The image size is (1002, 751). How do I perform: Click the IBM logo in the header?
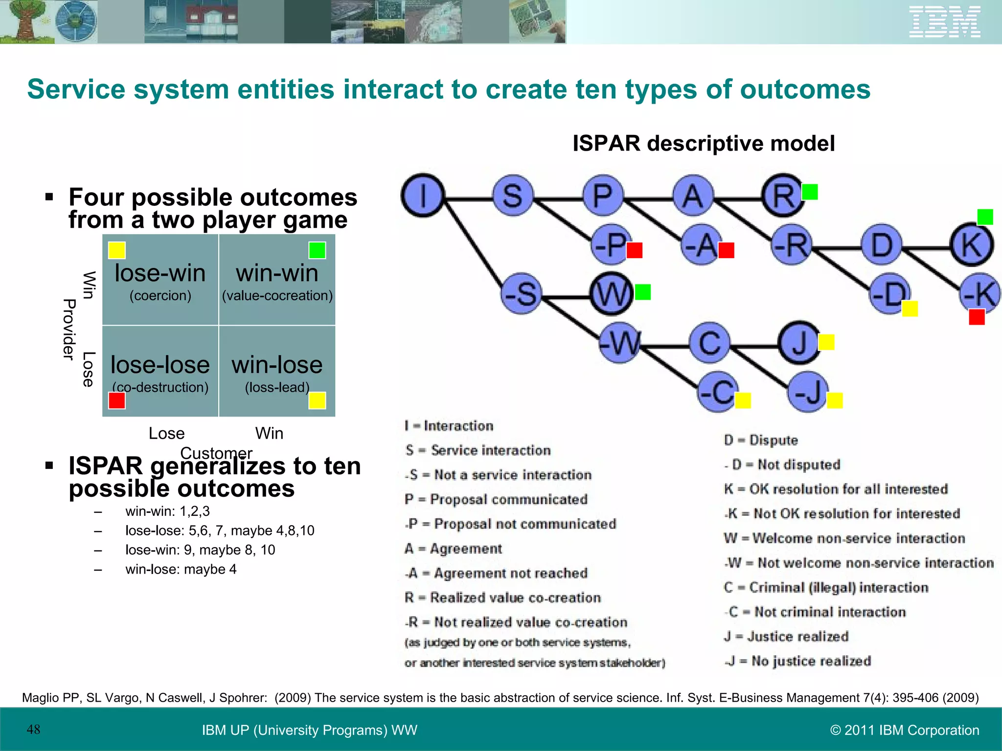[x=944, y=22]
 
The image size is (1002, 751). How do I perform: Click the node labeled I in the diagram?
[x=423, y=196]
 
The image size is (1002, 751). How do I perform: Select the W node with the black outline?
[x=611, y=293]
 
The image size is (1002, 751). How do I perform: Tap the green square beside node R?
[x=810, y=192]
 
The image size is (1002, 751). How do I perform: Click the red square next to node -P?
[x=634, y=250]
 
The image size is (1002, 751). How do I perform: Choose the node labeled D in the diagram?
[x=882, y=244]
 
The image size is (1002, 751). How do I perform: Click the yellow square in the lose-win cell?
[x=117, y=250]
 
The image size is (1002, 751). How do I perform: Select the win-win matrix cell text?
[x=277, y=273]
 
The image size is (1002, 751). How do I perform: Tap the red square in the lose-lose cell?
[x=117, y=400]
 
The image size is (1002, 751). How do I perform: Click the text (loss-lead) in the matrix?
[x=277, y=387]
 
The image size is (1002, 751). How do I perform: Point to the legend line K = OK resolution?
[x=836, y=489]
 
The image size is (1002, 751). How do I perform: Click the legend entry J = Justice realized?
[x=786, y=636]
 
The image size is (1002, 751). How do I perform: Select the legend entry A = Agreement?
[x=454, y=549]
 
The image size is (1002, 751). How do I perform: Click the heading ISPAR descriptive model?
[x=704, y=144]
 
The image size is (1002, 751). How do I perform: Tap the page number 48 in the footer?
[x=33, y=729]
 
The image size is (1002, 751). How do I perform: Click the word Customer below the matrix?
[x=216, y=453]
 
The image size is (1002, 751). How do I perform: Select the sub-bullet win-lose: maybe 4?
[x=181, y=569]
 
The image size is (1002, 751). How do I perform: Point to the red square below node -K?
[x=977, y=317]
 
